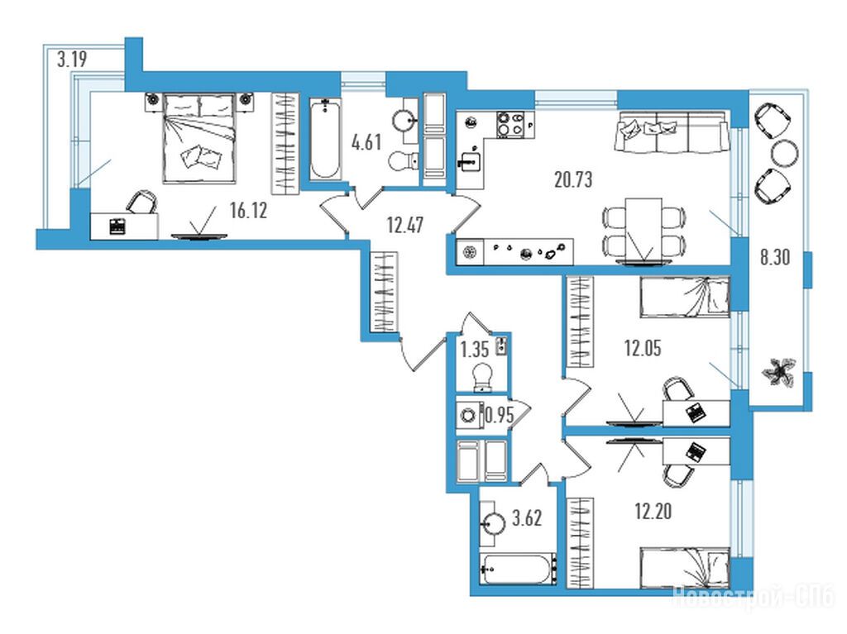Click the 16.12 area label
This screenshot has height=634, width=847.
[248, 211]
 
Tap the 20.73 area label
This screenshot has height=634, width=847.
[573, 179]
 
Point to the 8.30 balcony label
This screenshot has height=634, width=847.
[774, 258]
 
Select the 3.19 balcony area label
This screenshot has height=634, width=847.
[73, 59]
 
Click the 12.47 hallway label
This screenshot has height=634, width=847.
[405, 225]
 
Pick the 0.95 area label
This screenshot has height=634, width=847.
[500, 415]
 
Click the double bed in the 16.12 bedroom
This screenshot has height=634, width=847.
[200, 138]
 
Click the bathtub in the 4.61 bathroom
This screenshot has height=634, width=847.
[325, 140]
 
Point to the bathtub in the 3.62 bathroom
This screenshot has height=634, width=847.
[519, 570]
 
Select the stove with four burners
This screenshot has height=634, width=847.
[510, 125]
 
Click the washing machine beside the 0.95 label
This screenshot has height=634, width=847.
[469, 414]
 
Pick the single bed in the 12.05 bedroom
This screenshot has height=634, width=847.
[684, 297]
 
